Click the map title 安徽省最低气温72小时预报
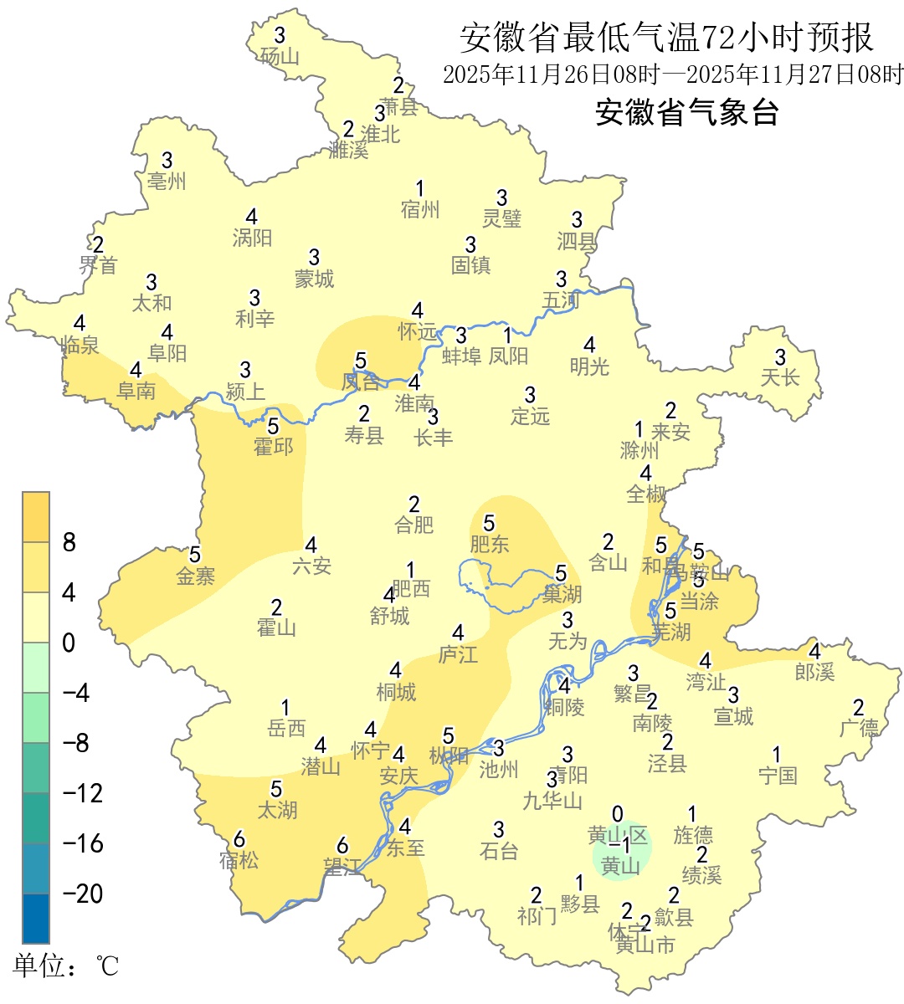tap(666, 38)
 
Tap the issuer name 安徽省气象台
tap(686, 112)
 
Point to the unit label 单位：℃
tap(66, 966)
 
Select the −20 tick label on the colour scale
tap(83, 894)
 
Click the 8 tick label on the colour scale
tap(69, 542)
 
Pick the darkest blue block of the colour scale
tap(36, 919)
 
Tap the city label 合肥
tap(414, 525)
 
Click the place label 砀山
tap(280, 56)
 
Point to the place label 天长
tap(780, 378)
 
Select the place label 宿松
tap(239, 860)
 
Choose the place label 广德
tap(859, 728)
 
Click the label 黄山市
tap(645, 945)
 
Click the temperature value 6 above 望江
tap(342, 846)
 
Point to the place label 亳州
tap(167, 181)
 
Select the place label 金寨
tap(195, 576)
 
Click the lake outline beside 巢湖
tap(502, 586)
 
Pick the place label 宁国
tap(778, 776)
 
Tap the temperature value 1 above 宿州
tap(420, 189)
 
